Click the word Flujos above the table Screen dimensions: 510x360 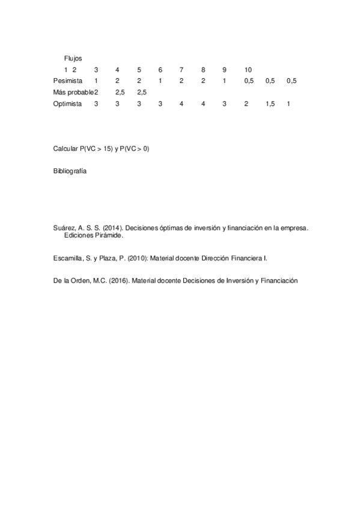pyautogui.click(x=73, y=58)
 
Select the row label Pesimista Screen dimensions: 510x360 pyautogui.click(x=67, y=81)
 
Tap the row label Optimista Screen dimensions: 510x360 pyautogui.click(x=67, y=104)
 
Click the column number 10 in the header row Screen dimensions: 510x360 pyautogui.click(x=248, y=70)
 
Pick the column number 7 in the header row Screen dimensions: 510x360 pyautogui.click(x=181, y=70)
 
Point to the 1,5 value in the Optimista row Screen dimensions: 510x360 pyautogui.click(x=270, y=104)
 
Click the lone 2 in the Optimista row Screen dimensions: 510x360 pyautogui.click(x=246, y=104)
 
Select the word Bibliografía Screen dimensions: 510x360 pyautogui.click(x=70, y=171)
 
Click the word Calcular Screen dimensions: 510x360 pyautogui.click(x=66, y=148)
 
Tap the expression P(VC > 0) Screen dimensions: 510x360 pyautogui.click(x=134, y=148)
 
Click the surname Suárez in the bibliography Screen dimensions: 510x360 pyautogui.click(x=64, y=229)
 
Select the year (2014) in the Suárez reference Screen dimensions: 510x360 pyautogui.click(x=111, y=229)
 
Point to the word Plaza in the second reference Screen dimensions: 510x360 pyautogui.click(x=108, y=257)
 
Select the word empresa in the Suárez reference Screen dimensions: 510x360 pyautogui.click(x=293, y=229)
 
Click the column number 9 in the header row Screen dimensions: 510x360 pyautogui.click(x=224, y=70)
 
